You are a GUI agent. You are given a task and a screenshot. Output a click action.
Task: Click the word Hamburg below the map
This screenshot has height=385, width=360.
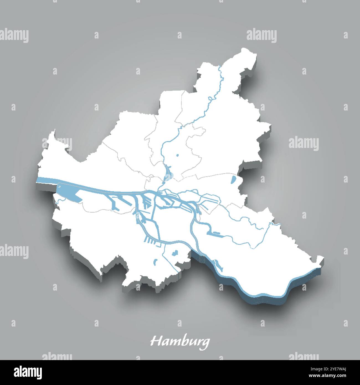click(x=179, y=342)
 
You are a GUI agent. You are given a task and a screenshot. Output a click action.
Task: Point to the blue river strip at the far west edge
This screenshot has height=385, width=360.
click(x=46, y=180)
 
